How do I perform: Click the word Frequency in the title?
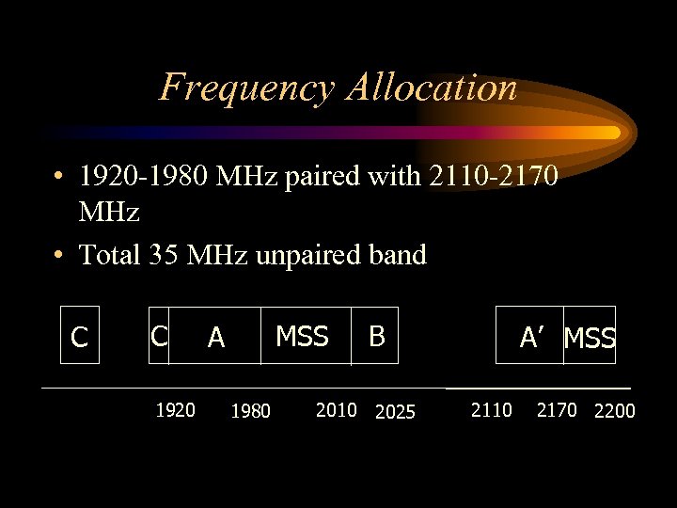(x=246, y=87)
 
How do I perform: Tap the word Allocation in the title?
(x=432, y=87)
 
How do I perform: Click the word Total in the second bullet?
(x=110, y=254)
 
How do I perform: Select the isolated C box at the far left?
(x=80, y=336)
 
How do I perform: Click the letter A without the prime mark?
(x=216, y=337)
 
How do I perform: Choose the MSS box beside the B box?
(x=303, y=336)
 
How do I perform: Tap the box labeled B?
(x=376, y=336)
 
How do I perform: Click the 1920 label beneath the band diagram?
(x=175, y=409)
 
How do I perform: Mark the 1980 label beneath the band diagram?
(x=250, y=411)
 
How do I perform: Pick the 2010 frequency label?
(x=337, y=409)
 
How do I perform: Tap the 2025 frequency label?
(x=395, y=411)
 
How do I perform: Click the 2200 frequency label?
(x=614, y=411)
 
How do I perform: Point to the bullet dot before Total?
(x=58, y=255)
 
